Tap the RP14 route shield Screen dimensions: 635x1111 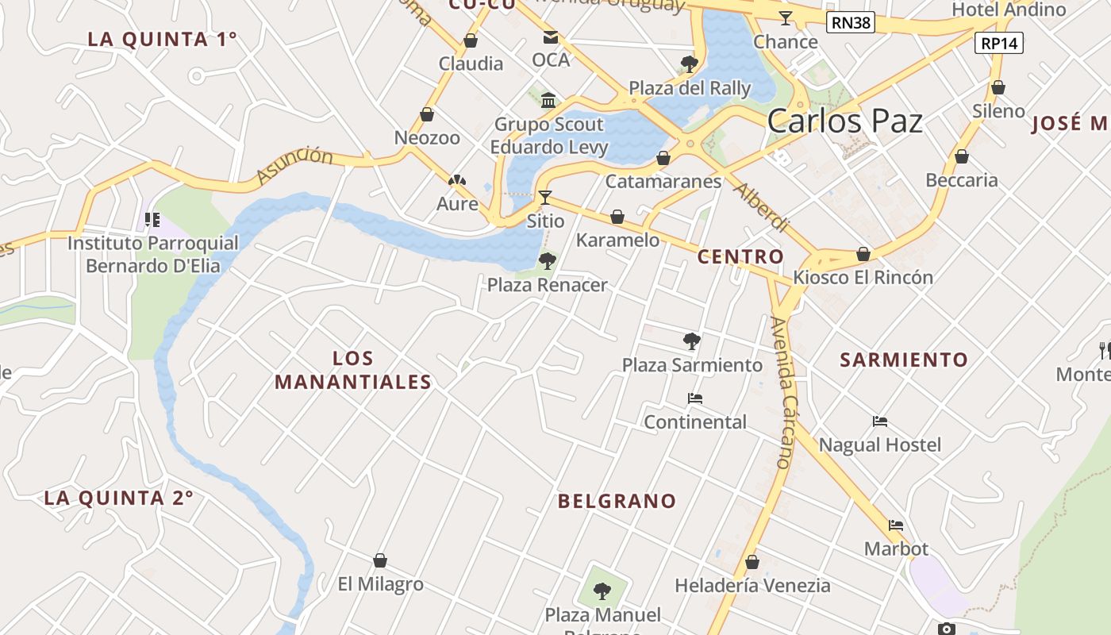point(998,43)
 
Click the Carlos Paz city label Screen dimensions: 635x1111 point(845,121)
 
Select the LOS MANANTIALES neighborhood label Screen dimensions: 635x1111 point(353,370)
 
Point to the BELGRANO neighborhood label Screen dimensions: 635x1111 point(617,501)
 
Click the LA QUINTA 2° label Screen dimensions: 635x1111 point(118,498)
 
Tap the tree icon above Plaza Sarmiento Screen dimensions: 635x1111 point(691,341)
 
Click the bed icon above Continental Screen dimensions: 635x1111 point(695,398)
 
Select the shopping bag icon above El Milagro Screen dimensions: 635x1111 point(380,560)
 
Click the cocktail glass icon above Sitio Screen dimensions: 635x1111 point(544,197)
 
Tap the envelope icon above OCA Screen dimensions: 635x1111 point(550,37)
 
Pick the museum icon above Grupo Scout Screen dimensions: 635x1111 point(548,100)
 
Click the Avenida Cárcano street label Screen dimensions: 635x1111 point(782,392)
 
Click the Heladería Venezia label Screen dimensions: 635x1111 point(752,586)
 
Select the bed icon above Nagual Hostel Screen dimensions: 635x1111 point(879,421)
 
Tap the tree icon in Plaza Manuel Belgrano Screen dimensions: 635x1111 point(602,591)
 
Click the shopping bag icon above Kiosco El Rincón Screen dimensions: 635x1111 point(863,254)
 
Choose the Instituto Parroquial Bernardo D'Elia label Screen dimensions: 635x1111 point(152,254)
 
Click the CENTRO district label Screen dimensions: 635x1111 point(740,256)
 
